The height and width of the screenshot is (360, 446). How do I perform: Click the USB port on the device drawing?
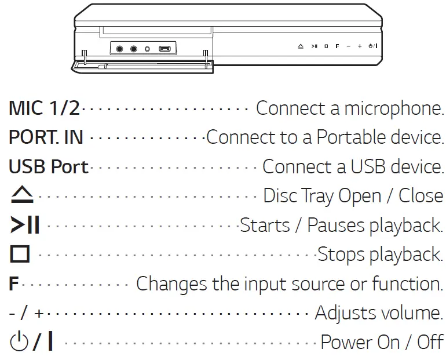pyautogui.click(x=164, y=49)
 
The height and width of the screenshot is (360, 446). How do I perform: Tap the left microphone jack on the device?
pyautogui.click(x=120, y=49)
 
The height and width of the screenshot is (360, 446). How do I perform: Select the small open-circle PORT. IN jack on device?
pyautogui.click(x=147, y=49)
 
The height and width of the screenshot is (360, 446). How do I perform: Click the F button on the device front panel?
pyautogui.click(x=337, y=45)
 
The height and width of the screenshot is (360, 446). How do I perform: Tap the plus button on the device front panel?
pyautogui.click(x=360, y=45)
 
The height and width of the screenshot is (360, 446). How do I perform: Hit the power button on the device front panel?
pyautogui.click(x=372, y=45)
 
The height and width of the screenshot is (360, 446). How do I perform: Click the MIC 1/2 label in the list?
pyautogui.click(x=44, y=108)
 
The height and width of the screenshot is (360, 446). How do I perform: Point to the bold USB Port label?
pyautogui.click(x=49, y=167)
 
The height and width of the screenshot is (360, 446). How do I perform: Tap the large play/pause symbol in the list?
pyautogui.click(x=25, y=226)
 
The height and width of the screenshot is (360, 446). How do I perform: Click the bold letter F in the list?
pyautogui.click(x=14, y=284)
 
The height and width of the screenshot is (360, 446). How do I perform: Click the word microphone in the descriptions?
pyautogui.click(x=394, y=108)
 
